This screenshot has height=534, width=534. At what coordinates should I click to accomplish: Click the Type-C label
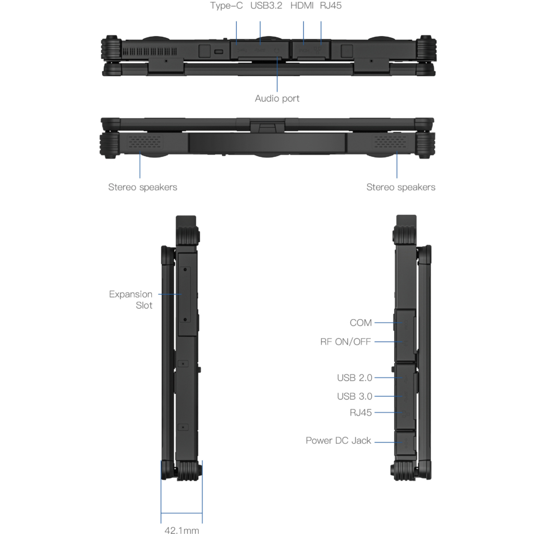(x=226, y=6)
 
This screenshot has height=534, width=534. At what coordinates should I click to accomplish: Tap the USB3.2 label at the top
(x=266, y=6)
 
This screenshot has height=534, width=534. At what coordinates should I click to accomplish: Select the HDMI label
(x=302, y=6)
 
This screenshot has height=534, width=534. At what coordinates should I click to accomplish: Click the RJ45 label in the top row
(x=331, y=6)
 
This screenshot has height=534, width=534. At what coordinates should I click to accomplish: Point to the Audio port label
(x=277, y=99)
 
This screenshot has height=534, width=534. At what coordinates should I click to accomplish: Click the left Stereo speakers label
(x=142, y=187)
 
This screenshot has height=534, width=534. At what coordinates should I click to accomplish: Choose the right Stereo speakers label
(x=400, y=187)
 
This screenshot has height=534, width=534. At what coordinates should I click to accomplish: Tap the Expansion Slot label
(x=131, y=300)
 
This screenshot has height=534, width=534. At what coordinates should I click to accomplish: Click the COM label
(x=361, y=323)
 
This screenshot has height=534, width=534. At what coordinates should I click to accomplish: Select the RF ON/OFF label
(x=346, y=342)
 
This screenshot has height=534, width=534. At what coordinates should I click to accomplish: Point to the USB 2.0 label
(x=355, y=378)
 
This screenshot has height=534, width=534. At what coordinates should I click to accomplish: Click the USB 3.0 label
(x=355, y=396)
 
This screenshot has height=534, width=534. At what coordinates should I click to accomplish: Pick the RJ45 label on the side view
(x=361, y=412)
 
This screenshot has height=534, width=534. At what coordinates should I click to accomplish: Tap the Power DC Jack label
(x=338, y=441)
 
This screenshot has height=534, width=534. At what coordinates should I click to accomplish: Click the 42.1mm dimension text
(x=181, y=530)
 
